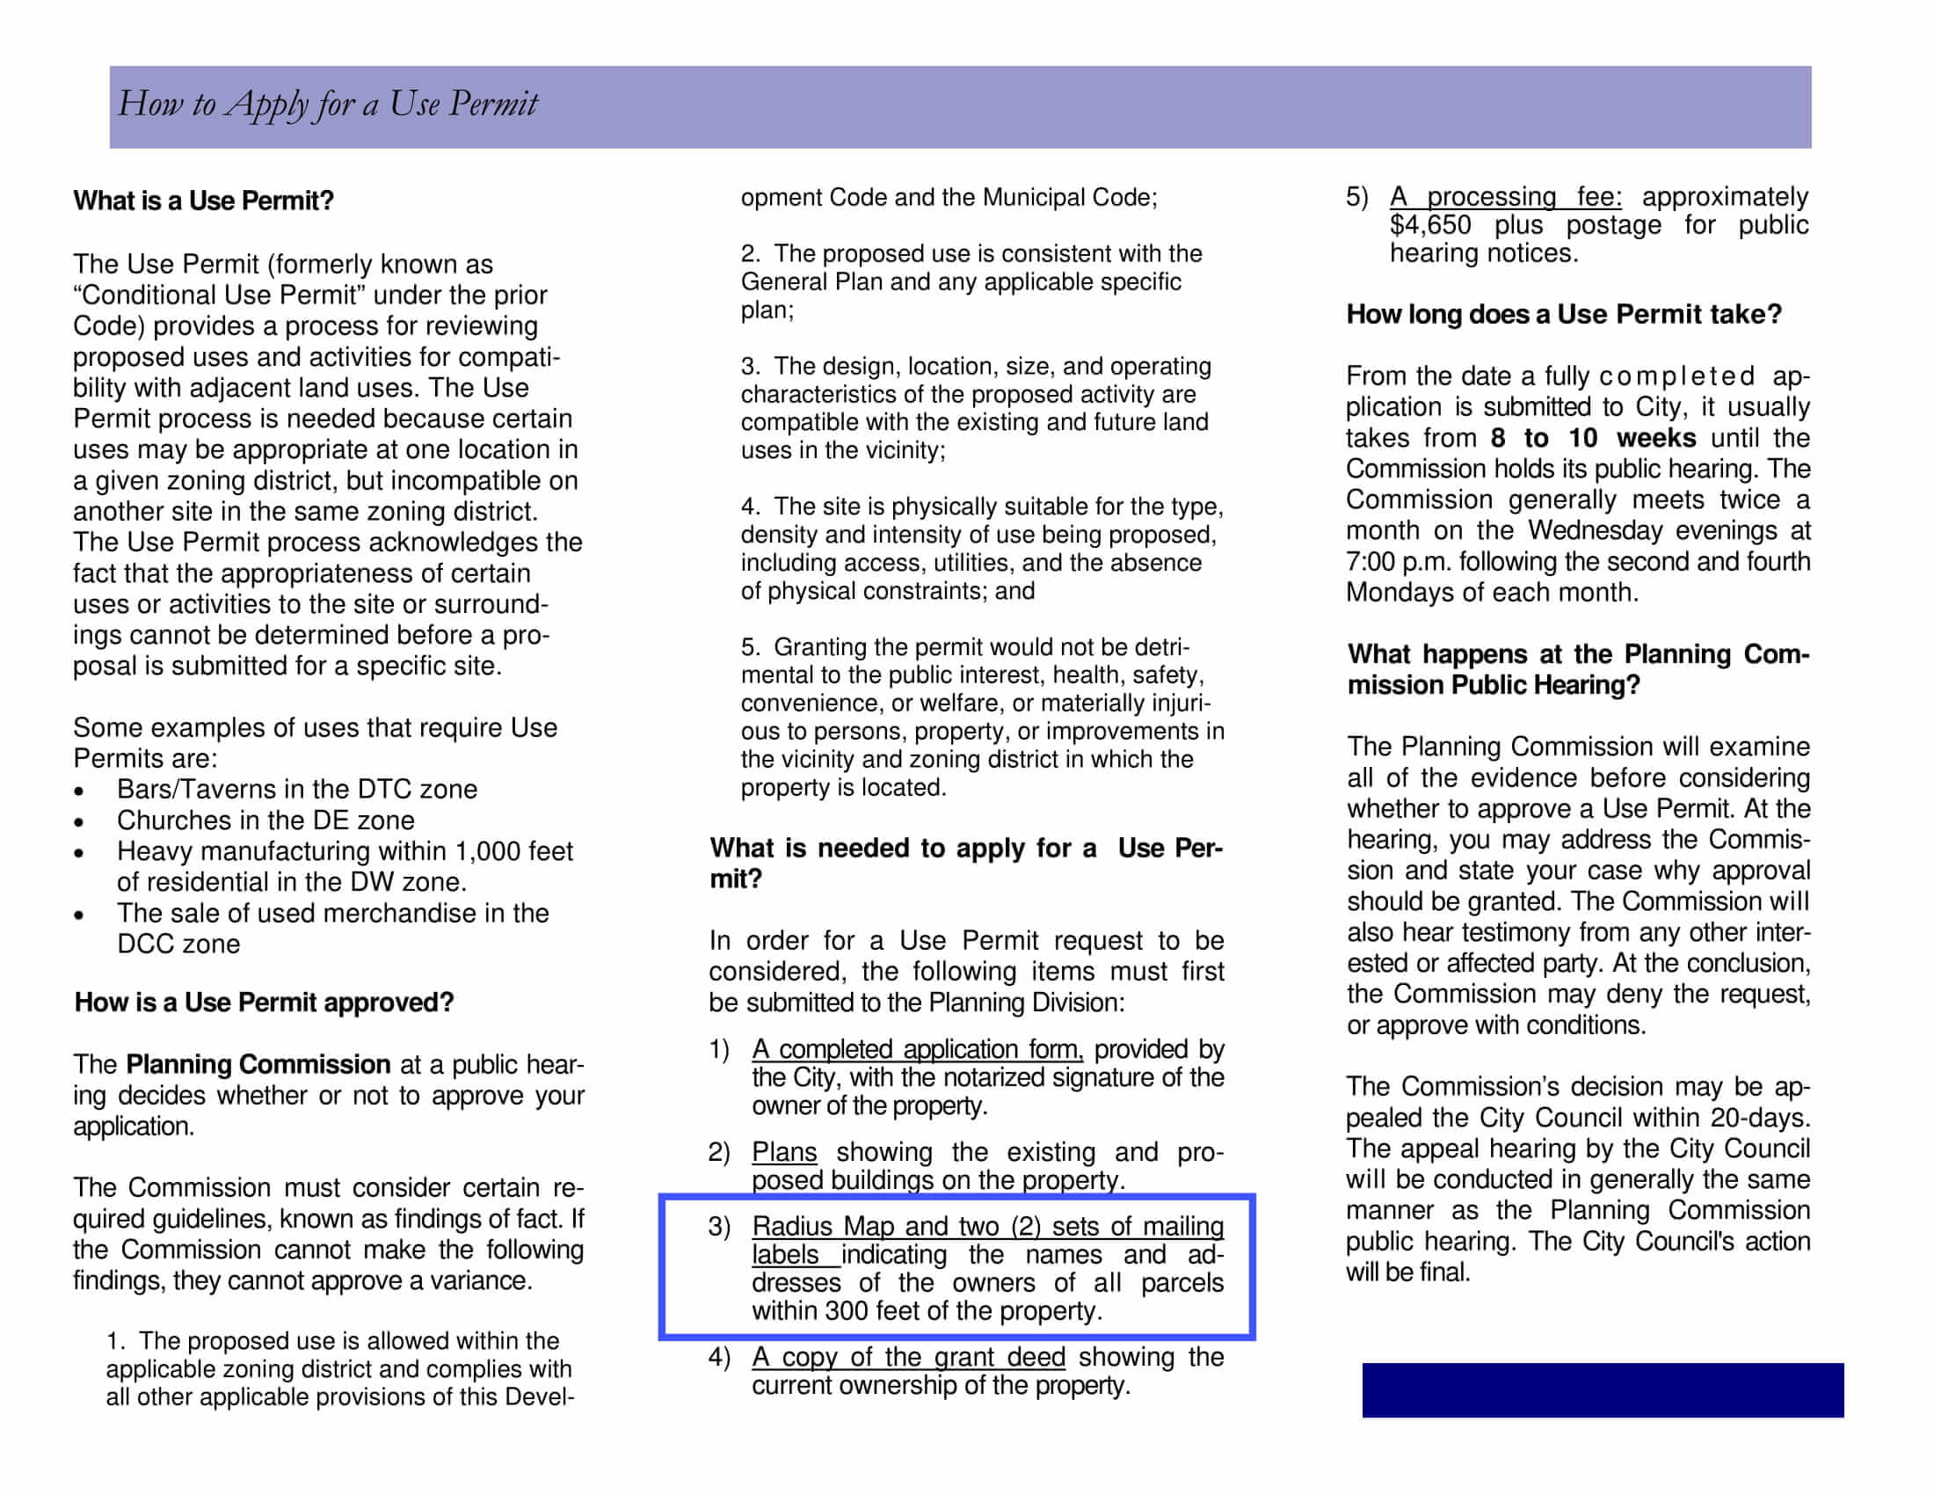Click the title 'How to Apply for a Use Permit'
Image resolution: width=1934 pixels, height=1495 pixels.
tap(328, 105)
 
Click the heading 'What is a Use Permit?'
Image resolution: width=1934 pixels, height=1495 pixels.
tap(203, 201)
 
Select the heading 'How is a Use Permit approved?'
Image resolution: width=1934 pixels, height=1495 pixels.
tap(264, 1002)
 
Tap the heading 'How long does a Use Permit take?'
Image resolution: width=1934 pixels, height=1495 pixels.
tap(1563, 315)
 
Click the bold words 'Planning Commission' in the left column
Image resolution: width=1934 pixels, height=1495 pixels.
tap(258, 1064)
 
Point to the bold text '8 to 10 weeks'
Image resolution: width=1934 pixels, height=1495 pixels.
tap(1592, 439)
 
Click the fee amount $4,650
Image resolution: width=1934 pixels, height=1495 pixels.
tap(1429, 225)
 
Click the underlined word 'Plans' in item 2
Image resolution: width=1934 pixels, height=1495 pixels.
tap(783, 1151)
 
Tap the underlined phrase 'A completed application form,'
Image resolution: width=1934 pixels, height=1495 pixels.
tap(917, 1048)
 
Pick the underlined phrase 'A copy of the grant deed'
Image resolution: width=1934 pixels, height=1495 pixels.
tap(908, 1357)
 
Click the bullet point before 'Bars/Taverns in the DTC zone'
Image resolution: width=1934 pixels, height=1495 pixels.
tap(80, 791)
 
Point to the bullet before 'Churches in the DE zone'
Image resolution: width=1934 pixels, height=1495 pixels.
tap(80, 822)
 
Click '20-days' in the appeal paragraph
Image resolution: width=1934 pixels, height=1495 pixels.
tap(1760, 1118)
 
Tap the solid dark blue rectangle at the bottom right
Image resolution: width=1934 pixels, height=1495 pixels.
tap(1602, 1389)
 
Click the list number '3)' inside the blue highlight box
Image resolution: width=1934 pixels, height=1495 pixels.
tap(719, 1227)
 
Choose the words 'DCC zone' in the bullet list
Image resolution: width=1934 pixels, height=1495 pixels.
tap(178, 944)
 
